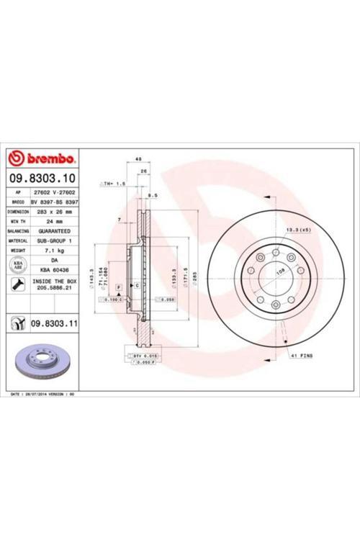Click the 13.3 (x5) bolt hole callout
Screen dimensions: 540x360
pos(297,229)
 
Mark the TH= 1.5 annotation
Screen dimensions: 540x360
pos(113,184)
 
